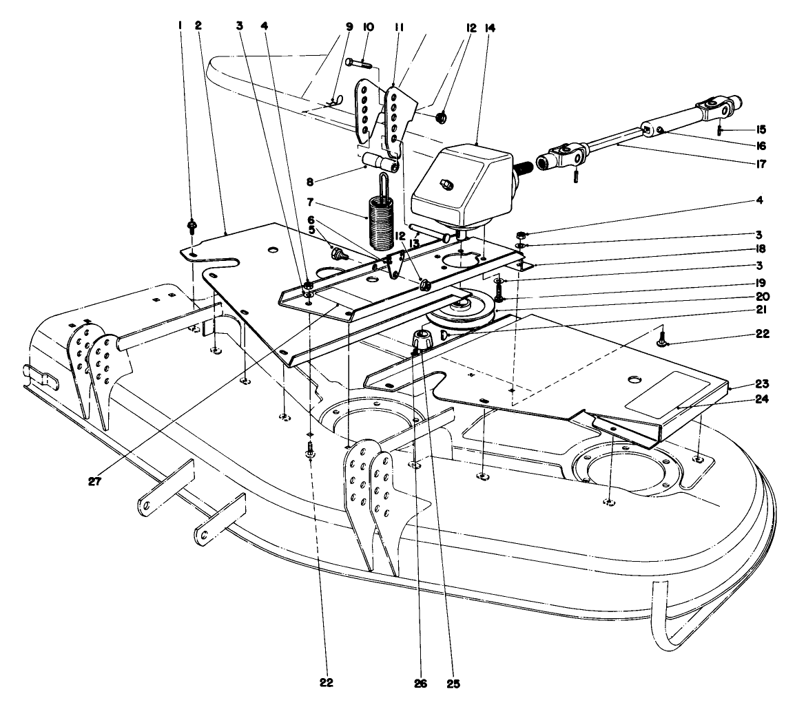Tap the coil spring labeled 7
pos(378,222)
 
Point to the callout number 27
pos(94,481)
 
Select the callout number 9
pos(349,27)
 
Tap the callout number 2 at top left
pos(198,25)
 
